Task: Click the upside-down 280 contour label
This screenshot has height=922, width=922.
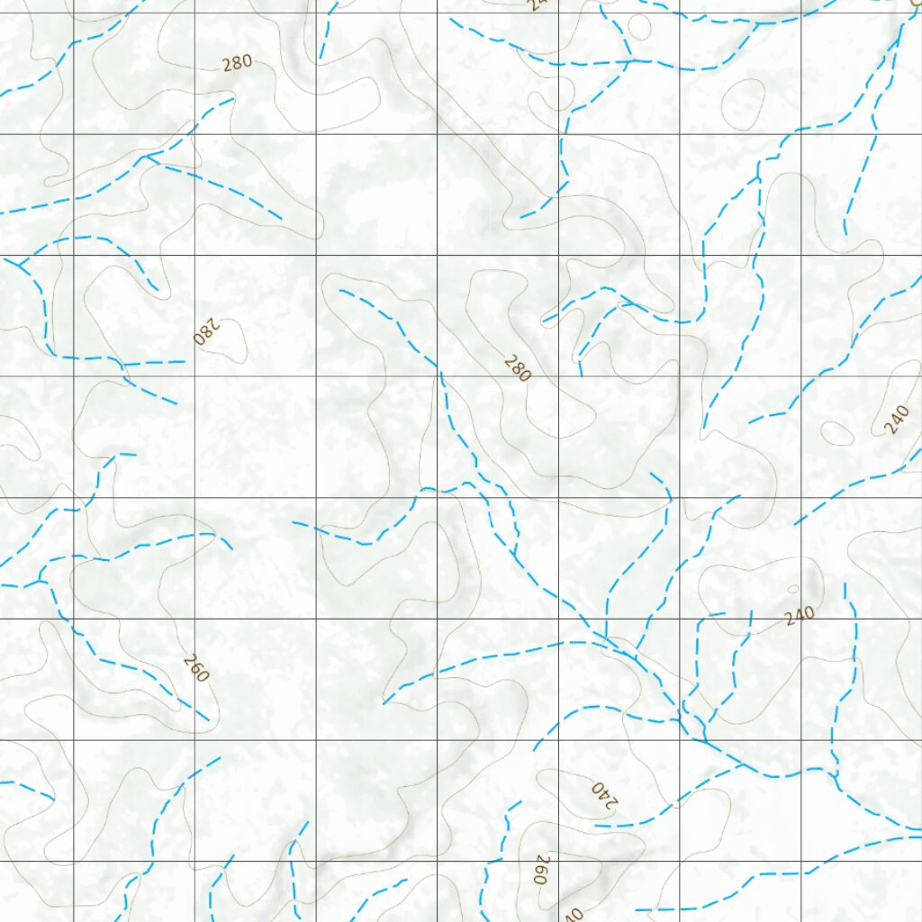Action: pyautogui.click(x=206, y=332)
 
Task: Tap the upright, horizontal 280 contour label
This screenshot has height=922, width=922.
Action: pyautogui.click(x=237, y=62)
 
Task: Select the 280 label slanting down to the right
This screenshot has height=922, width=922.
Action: pyautogui.click(x=517, y=368)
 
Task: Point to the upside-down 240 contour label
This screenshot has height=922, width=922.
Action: pyautogui.click(x=603, y=795)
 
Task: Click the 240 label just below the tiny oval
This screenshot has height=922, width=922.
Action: pyautogui.click(x=799, y=616)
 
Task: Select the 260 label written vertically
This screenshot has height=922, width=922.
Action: pyautogui.click(x=541, y=870)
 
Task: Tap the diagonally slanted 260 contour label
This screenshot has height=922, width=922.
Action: pyautogui.click(x=195, y=667)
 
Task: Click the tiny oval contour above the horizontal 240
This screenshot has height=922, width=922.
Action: pyautogui.click(x=792, y=590)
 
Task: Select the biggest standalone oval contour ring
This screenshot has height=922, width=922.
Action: pyautogui.click(x=743, y=104)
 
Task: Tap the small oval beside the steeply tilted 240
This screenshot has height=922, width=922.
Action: pyautogui.click(x=837, y=433)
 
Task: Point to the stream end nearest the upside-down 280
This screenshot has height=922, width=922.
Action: pyautogui.click(x=184, y=362)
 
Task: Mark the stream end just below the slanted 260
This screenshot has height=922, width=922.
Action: pyautogui.click(x=208, y=720)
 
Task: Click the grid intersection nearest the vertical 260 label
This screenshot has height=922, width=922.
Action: pyautogui.click(x=558, y=862)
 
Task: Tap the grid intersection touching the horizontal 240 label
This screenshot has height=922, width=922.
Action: pyautogui.click(x=800, y=619)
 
